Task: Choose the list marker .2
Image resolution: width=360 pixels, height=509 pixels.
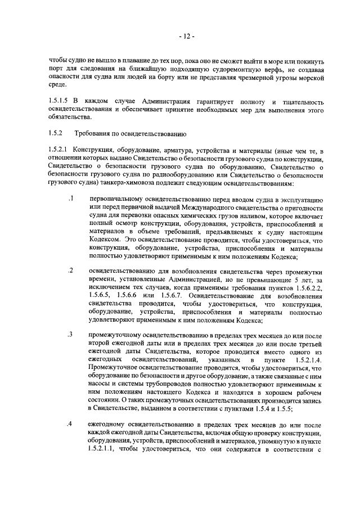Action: pos(70,272)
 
